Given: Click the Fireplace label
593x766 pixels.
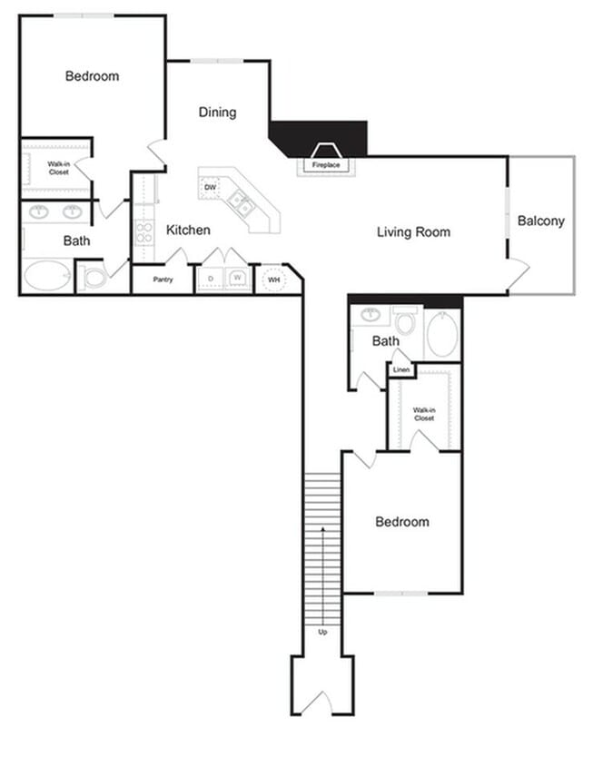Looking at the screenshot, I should tap(325, 166).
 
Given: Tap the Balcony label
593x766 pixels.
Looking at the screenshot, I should tap(540, 221).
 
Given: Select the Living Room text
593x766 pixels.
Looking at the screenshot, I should tap(413, 232).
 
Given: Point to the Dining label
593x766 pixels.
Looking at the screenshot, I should tap(217, 113).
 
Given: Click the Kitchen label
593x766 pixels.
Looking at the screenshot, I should tap(188, 231).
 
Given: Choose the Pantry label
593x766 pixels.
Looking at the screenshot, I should tap(163, 280).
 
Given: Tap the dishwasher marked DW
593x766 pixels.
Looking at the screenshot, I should tap(210, 188).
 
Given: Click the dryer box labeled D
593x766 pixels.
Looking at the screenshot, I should tap(211, 279).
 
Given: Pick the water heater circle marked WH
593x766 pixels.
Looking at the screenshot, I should tap(272, 280).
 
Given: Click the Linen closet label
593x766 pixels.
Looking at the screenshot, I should tap(400, 370).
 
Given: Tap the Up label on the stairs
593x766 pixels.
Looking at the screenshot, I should tap(322, 632).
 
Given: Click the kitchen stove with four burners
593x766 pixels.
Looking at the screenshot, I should tap(144, 232).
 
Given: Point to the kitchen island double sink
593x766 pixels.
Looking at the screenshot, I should tap(241, 202).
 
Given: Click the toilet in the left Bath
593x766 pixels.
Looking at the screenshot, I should tap(94, 277).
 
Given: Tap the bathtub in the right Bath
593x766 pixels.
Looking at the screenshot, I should tap(442, 335).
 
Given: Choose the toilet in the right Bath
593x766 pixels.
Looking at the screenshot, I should tap(405, 321).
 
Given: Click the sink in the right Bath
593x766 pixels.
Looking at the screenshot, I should tap(371, 316).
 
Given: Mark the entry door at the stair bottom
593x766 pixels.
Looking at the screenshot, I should tap(321, 702).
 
